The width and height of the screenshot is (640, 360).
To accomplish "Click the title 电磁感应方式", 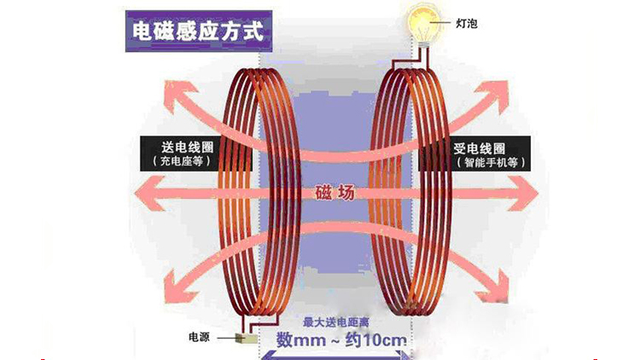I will tap(199, 28).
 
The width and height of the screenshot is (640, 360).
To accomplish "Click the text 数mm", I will tap(303, 341).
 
